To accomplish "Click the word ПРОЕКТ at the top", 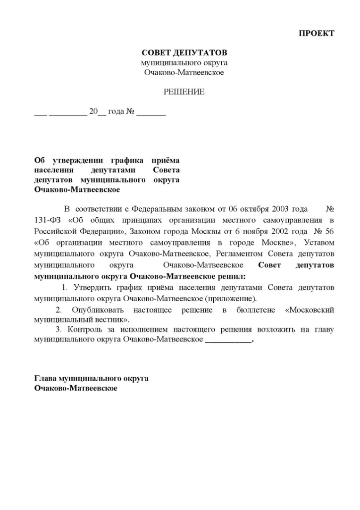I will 317,33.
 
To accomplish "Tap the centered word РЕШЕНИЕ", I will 184,92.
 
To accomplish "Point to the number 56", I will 329,231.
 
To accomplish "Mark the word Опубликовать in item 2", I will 98,310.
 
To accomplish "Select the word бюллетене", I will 254,310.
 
